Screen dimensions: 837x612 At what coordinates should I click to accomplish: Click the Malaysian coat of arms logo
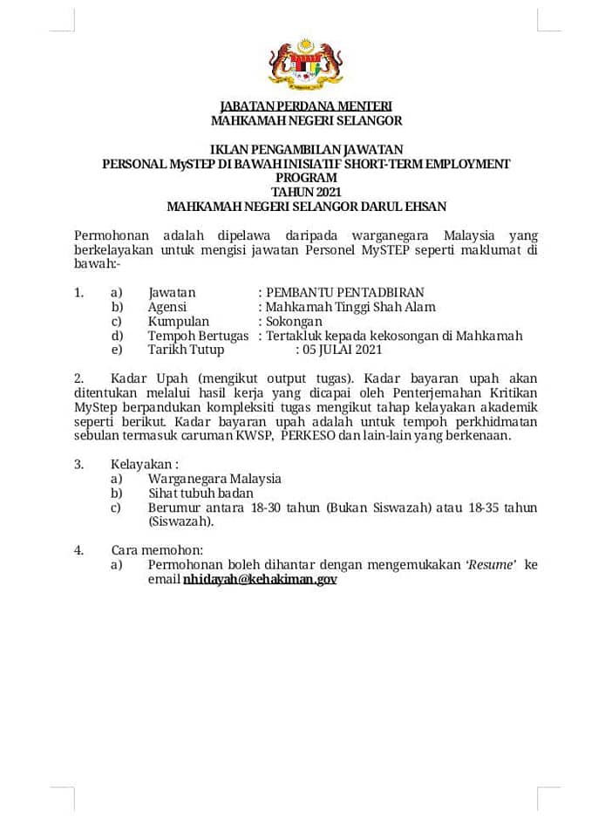(x=305, y=65)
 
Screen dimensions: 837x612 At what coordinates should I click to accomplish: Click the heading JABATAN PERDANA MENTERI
(x=306, y=106)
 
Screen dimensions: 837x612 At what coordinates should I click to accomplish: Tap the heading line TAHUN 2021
(x=306, y=192)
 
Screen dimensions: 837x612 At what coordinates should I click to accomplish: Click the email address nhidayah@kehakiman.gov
(x=260, y=579)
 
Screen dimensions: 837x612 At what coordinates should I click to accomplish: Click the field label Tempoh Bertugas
(x=198, y=336)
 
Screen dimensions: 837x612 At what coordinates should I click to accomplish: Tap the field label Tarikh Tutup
(x=186, y=350)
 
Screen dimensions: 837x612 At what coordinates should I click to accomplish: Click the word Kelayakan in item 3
(x=141, y=465)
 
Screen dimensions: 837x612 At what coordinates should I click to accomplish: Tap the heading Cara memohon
(x=157, y=550)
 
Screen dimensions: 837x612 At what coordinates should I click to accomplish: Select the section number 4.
(x=78, y=550)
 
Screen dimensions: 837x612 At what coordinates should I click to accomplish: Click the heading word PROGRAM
(x=306, y=178)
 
